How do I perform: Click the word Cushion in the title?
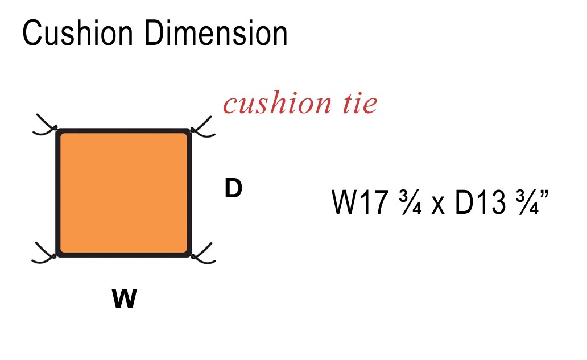77,33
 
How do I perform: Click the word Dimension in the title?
216,33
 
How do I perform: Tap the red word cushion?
277,102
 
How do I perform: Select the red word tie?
359,102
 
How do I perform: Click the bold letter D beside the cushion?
233,188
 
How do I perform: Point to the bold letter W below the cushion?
125,298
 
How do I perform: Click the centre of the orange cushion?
123,193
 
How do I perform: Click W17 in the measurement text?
359,202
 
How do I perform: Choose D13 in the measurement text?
480,202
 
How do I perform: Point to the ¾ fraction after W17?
410,202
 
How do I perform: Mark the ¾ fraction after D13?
527,202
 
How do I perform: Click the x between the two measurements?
438,206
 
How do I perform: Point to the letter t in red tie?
348,103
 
